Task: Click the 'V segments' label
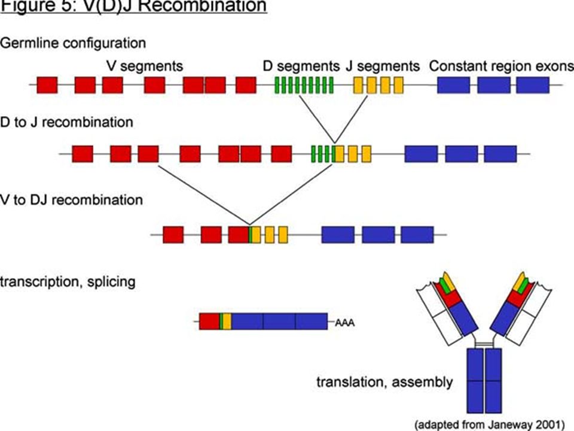pos(145,66)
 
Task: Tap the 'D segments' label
pos(301,66)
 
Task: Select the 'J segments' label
pos(383,66)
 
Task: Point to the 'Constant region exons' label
pos(502,66)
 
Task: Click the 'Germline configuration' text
pos(73,43)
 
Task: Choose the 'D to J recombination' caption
pos(66,122)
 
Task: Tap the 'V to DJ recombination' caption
pos(71,200)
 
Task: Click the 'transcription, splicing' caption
pos(68,282)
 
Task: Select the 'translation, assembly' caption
pos(384,383)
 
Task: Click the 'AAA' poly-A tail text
pos(344,323)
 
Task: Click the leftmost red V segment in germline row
pos(47,85)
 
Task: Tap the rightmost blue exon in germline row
pos(533,85)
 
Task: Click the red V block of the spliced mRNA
pos(209,321)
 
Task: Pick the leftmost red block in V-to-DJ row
pos(173,235)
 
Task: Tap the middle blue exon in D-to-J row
pos(462,154)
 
